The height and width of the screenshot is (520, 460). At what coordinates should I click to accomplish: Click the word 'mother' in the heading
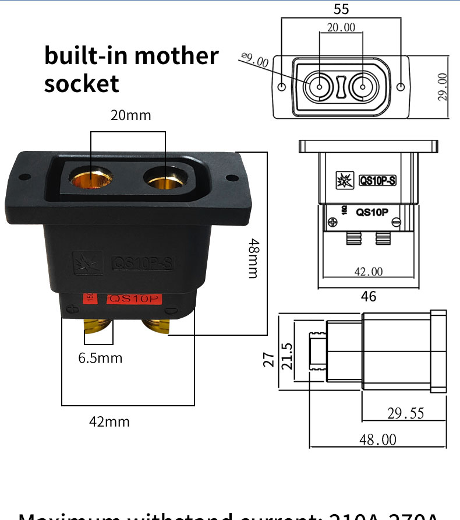[175, 56]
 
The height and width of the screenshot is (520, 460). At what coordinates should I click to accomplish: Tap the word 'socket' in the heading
[82, 83]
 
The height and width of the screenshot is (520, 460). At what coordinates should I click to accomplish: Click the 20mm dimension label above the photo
[131, 115]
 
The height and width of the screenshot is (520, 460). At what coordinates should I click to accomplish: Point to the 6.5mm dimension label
[101, 358]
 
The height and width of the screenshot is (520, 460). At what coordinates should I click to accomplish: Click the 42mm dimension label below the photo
[109, 421]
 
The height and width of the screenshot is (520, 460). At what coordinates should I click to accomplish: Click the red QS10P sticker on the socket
[135, 299]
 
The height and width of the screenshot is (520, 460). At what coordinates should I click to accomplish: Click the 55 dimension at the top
[341, 9]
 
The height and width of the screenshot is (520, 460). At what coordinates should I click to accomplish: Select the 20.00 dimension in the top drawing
[341, 27]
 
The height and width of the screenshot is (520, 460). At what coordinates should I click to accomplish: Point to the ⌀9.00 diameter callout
[254, 59]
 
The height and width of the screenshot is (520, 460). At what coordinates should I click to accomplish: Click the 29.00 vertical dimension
[443, 87]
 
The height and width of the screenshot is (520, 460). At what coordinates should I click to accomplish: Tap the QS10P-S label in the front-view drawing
[377, 181]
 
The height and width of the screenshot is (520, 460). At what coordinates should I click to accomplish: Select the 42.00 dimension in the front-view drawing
[369, 272]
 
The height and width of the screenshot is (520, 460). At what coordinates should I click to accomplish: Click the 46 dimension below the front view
[369, 296]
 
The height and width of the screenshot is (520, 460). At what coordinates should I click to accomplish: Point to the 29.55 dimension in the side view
[406, 413]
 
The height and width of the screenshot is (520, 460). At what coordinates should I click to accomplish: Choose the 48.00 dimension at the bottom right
[377, 439]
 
